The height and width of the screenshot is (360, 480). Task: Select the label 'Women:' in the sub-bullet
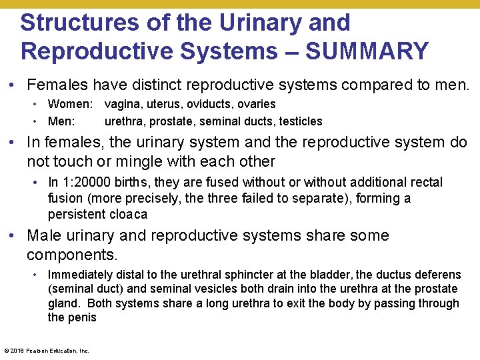coord(71,104)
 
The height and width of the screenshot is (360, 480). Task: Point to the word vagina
coord(121,104)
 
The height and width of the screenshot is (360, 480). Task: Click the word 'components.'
coord(72,255)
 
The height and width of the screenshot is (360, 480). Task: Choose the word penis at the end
coord(83,317)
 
